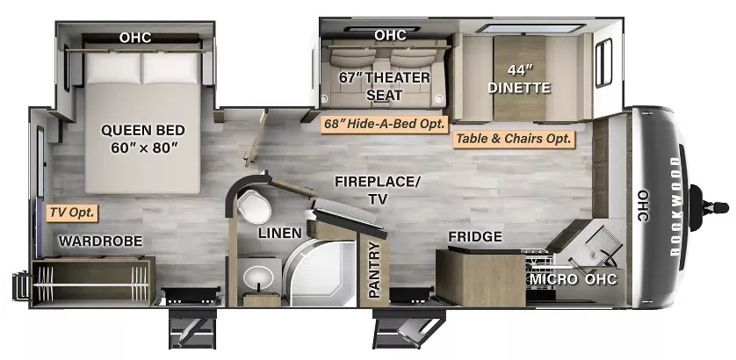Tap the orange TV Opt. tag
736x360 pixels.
pyautogui.click(x=71, y=212)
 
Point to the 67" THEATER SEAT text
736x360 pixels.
pyautogui.click(x=385, y=86)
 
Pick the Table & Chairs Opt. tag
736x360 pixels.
pyautogui.click(x=513, y=138)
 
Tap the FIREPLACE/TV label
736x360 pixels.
pyautogui.click(x=378, y=190)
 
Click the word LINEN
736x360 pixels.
pyautogui.click(x=280, y=234)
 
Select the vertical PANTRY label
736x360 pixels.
pyautogui.click(x=375, y=270)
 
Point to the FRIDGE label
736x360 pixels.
pyautogui.click(x=474, y=236)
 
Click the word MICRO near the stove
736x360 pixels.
pyautogui.click(x=552, y=279)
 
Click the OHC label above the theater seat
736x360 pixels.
pyautogui.click(x=390, y=35)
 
